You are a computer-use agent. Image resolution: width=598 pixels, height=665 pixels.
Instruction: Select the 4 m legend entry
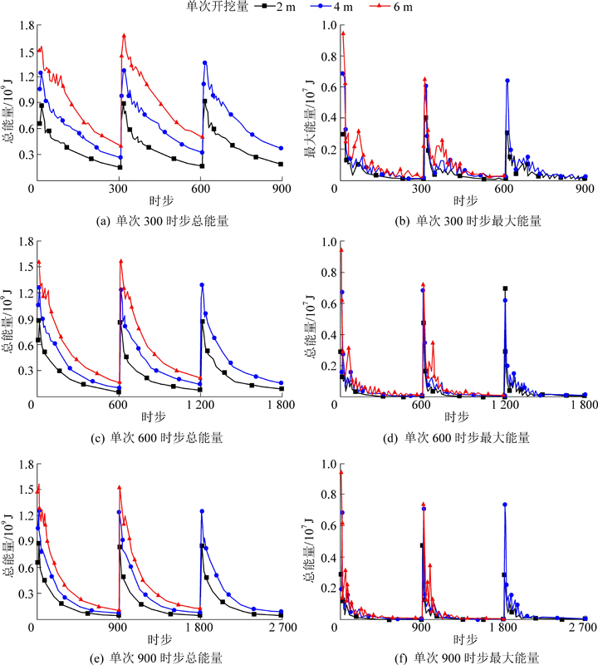(x=350, y=7)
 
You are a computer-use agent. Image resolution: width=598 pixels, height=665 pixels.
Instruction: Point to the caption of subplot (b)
(x=465, y=221)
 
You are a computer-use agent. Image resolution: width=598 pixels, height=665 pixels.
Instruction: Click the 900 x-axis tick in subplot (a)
(x=281, y=190)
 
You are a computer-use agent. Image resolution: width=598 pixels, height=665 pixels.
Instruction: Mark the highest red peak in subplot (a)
(x=124, y=36)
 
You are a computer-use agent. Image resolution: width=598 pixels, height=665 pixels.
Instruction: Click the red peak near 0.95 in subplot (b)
(x=342, y=33)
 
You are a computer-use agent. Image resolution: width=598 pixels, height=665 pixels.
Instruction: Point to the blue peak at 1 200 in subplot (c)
(x=202, y=285)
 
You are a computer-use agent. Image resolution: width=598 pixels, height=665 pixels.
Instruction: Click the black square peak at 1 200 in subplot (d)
(x=505, y=288)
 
